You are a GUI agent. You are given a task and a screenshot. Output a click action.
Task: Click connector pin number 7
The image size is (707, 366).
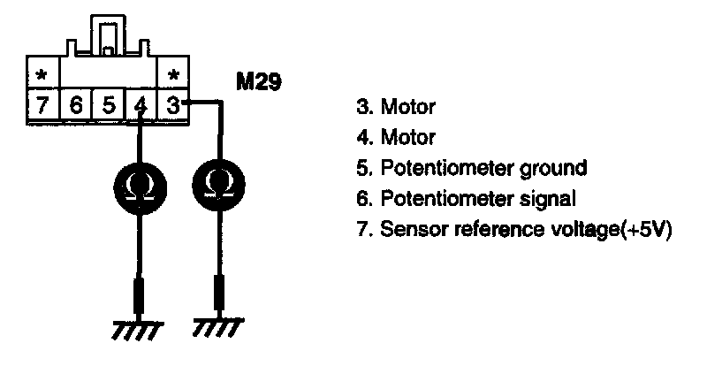click(41, 104)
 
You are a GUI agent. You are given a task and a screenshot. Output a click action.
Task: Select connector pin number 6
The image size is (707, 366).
click(76, 104)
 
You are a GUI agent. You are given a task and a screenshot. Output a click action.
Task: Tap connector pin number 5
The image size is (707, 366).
click(108, 104)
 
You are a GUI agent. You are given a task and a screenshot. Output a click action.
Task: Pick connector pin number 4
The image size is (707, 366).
click(141, 105)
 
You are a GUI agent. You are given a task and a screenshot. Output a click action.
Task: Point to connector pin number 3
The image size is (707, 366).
click(173, 104)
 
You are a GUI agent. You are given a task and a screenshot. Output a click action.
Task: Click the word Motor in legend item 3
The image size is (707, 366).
click(407, 109)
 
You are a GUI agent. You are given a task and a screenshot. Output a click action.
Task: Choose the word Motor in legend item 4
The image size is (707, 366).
click(407, 137)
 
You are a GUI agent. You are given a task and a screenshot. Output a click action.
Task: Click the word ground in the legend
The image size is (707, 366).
click(550, 166)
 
